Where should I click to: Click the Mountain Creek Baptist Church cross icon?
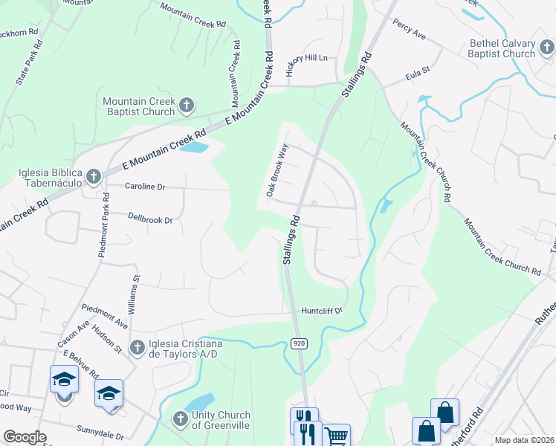coord(187,105)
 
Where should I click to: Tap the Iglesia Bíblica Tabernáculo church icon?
coord(94,176)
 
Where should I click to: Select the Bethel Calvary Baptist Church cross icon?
coord(546,48)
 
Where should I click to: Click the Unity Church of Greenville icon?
coord(179,419)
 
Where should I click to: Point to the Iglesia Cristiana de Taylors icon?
coord(137,347)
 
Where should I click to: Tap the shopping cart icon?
coord(336,436)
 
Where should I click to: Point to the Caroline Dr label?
coord(144,187)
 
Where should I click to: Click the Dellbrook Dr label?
coord(149,220)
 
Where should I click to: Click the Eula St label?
coord(418,75)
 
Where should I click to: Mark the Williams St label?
coord(135,295)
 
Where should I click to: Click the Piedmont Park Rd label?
coord(104,225)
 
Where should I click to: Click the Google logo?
coord(25,437)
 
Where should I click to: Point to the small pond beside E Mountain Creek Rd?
coord(194,147)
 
